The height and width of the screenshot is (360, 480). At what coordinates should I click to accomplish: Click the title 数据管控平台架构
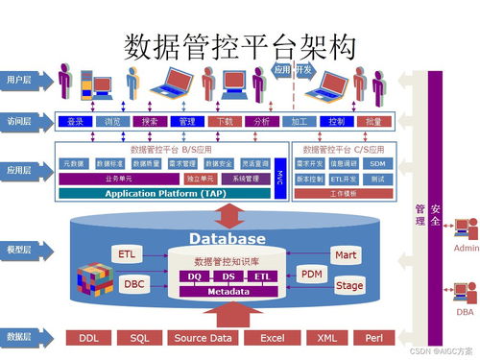[x=241, y=45]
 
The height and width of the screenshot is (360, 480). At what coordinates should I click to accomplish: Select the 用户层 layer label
[x=20, y=79]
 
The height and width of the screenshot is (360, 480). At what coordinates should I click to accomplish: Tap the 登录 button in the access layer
[x=74, y=122]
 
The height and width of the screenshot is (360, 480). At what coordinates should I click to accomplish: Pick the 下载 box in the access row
[x=225, y=122]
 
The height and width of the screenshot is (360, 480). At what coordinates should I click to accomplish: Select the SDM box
[x=377, y=163]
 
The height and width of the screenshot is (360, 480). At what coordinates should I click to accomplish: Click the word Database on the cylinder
[x=227, y=238]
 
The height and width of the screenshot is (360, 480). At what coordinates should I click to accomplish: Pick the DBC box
[x=134, y=284]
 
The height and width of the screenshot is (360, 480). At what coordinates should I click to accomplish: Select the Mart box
[x=346, y=254]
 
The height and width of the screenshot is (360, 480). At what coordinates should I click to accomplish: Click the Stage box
[x=349, y=285]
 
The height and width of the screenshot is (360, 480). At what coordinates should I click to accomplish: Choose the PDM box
[x=312, y=274]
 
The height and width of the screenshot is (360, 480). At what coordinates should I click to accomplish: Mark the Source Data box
[x=202, y=338]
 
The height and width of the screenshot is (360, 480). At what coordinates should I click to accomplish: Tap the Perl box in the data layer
[x=374, y=338]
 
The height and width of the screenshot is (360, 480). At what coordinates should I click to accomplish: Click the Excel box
[x=272, y=338]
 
